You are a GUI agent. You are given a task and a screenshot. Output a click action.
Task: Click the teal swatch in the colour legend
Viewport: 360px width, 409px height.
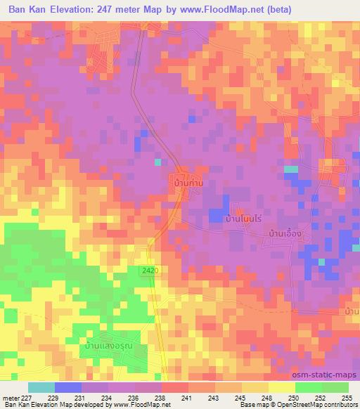coord(41,387)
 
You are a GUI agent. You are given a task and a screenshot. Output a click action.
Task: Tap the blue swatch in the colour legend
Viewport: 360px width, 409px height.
coord(68,387)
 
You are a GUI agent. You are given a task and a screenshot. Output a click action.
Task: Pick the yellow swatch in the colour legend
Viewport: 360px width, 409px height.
coord(281,387)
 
